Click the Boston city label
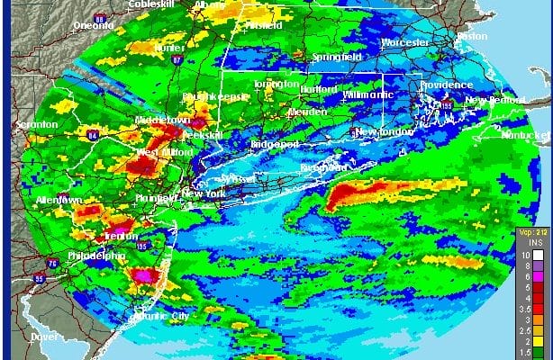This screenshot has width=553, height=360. (471, 36)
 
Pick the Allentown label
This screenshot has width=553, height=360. (59, 199)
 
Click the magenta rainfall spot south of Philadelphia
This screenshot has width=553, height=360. (141, 274)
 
